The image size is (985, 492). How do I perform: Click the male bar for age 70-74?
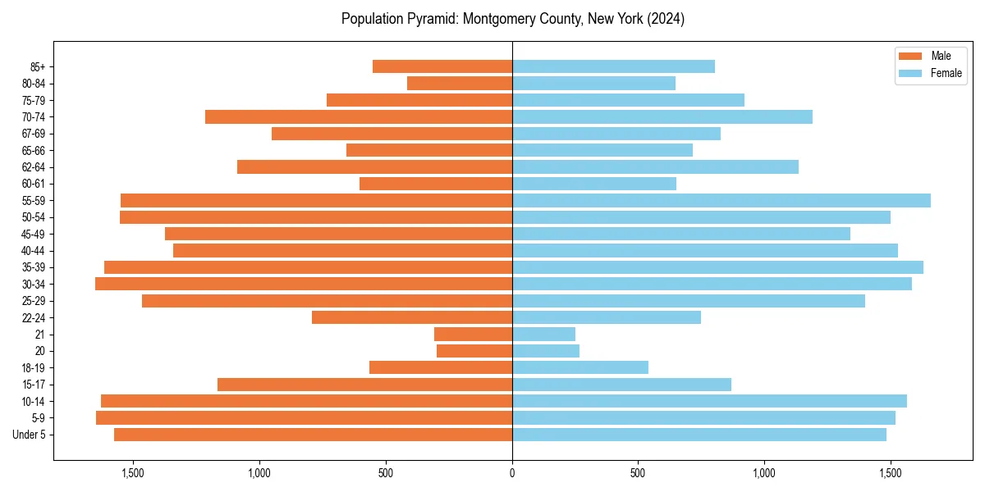click(359, 117)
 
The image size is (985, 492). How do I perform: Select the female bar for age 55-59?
click(722, 201)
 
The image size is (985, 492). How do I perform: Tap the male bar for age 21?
click(473, 335)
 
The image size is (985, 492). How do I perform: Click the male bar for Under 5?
click(313, 435)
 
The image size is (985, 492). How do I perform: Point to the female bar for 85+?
click(613, 66)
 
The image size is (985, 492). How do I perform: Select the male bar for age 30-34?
click(304, 284)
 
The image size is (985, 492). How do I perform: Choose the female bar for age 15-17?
click(621, 385)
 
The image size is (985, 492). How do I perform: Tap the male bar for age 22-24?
click(412, 317)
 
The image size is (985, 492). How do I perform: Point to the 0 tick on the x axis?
click(512, 473)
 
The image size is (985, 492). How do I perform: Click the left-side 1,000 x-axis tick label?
click(259, 473)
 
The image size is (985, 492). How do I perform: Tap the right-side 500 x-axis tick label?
click(638, 473)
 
